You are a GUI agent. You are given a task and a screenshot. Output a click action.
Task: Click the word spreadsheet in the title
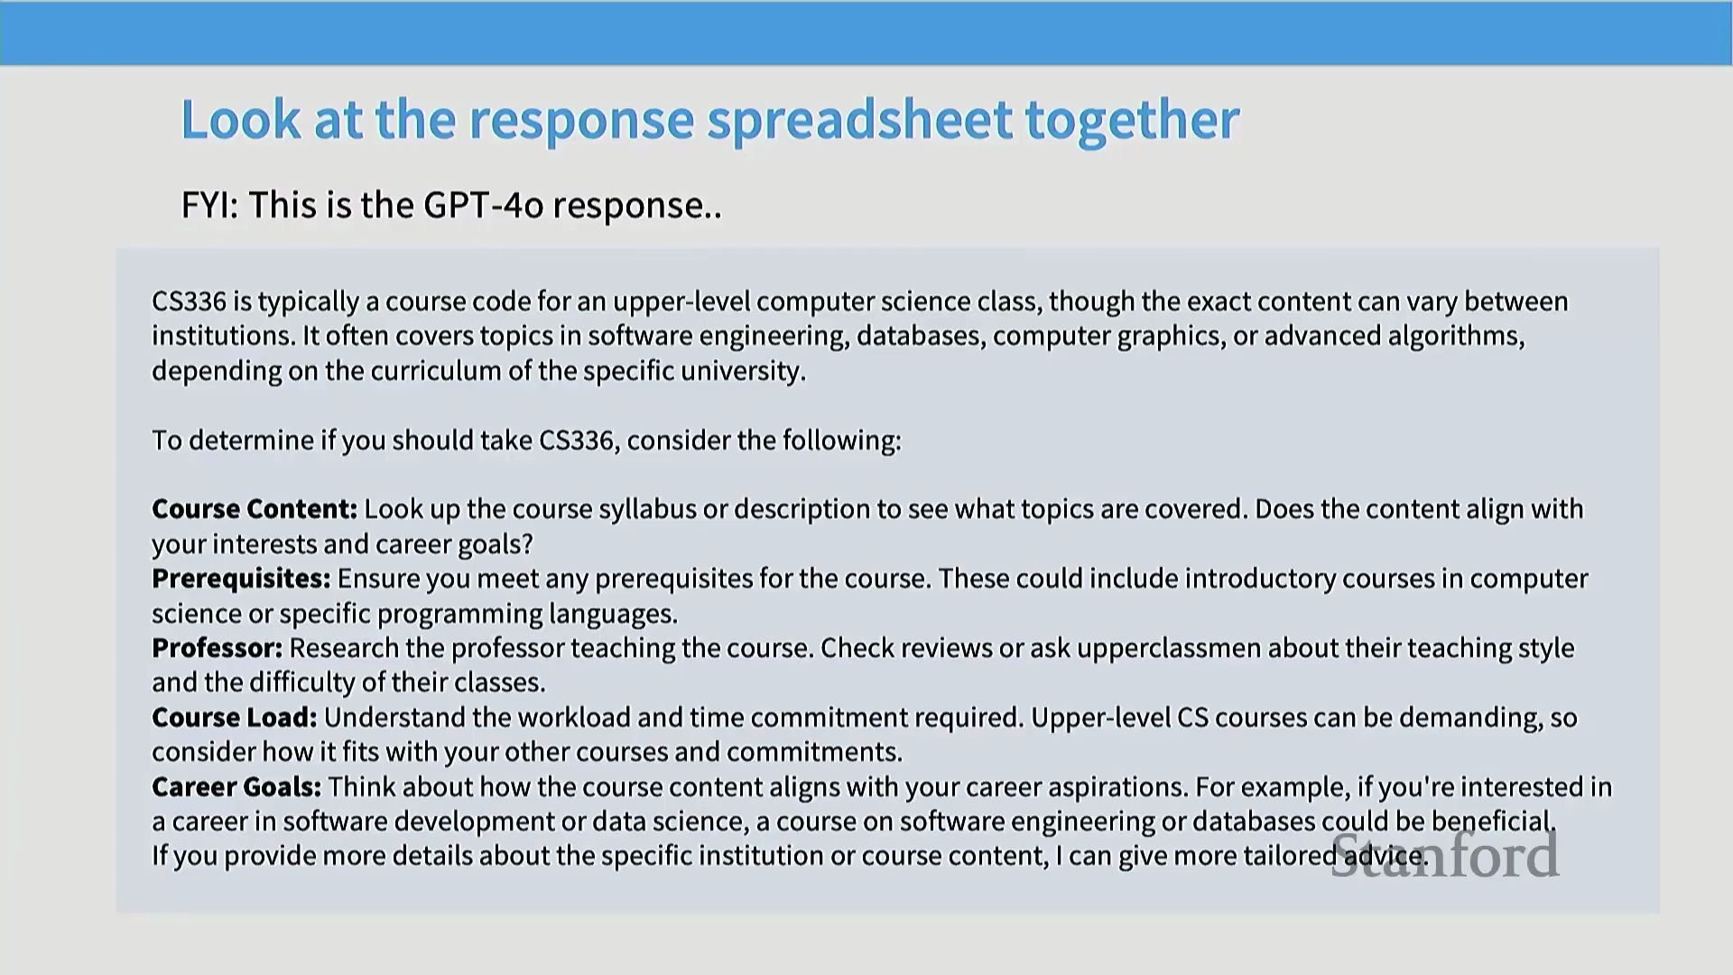pyautogui.click(x=859, y=120)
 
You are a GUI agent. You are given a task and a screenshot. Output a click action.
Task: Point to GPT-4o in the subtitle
pyautogui.click(x=484, y=205)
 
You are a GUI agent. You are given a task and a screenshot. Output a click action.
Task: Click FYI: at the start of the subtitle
pyautogui.click(x=209, y=205)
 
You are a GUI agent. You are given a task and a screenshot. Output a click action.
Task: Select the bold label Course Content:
pyautogui.click(x=255, y=509)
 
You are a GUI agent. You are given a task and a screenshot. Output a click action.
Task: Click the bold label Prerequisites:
pyautogui.click(x=241, y=579)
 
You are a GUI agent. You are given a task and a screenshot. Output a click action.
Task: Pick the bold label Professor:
pyautogui.click(x=217, y=648)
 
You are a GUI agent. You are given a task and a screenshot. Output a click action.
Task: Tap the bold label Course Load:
pyautogui.click(x=235, y=718)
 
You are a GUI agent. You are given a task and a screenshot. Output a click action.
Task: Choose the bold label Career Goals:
pyautogui.click(x=236, y=787)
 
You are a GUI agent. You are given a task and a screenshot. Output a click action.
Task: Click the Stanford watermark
pyautogui.click(x=1445, y=854)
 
